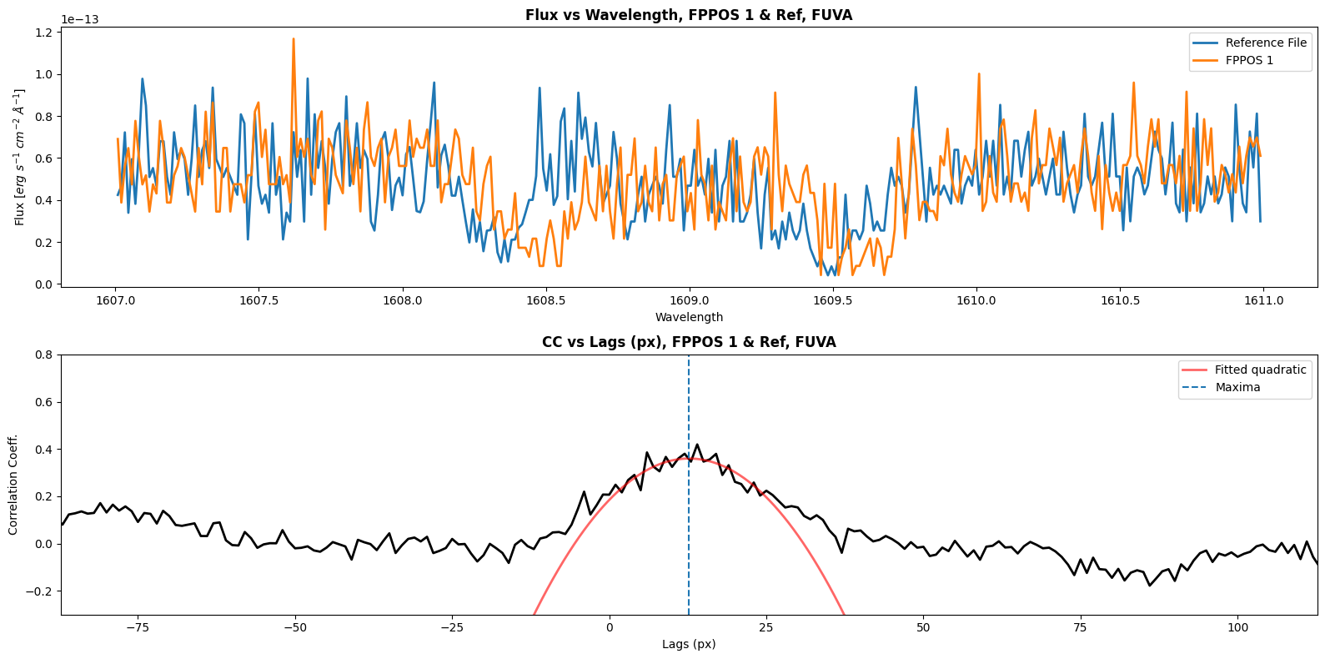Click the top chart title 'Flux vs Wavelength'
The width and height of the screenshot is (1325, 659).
689,15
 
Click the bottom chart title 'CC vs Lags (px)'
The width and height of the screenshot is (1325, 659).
689,342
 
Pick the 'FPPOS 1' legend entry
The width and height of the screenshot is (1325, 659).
1249,60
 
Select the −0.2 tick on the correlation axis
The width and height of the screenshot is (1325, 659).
40,591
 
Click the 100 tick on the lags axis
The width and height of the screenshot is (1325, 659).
1238,627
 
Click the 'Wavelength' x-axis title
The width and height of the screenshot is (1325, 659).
689,317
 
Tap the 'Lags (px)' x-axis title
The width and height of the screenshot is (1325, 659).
689,644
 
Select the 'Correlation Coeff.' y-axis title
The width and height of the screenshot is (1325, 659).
13,485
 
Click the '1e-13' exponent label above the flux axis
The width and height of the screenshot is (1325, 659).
80,19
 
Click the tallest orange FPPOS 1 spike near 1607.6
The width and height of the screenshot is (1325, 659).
294,39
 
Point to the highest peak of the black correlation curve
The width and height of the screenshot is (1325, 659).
697,445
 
